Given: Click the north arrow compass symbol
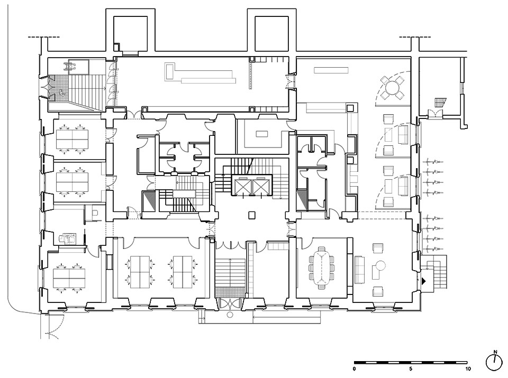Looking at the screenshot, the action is coord(495,362).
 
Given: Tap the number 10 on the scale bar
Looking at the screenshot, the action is coord(467,369).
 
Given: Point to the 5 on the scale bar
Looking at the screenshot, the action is coord(411,369).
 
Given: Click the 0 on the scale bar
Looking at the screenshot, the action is coord(354,369).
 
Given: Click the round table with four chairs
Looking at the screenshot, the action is coord(392,87).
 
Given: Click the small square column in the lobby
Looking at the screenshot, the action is coord(252,215).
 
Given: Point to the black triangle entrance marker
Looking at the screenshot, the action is coord(424,281).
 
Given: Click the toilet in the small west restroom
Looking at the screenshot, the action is coord(95,213).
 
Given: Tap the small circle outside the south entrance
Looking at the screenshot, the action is coord(230,315).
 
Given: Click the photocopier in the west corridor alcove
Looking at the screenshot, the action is coord(67,239).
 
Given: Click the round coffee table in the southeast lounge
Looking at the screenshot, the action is coord(380,266).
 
